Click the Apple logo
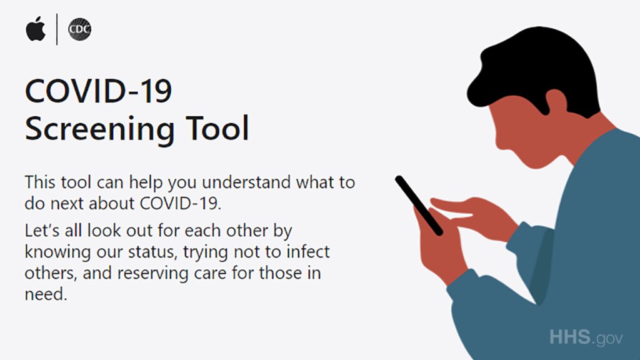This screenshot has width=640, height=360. (x=36, y=29)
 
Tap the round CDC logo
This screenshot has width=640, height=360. (x=79, y=29)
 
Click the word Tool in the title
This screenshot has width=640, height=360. (x=217, y=127)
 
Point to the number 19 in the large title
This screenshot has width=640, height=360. (x=157, y=91)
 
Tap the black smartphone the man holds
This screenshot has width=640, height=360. (x=419, y=205)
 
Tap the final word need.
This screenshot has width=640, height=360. (x=46, y=294)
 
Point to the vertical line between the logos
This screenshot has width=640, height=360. (x=57, y=29)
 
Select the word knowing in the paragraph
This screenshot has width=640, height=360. (x=57, y=252)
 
